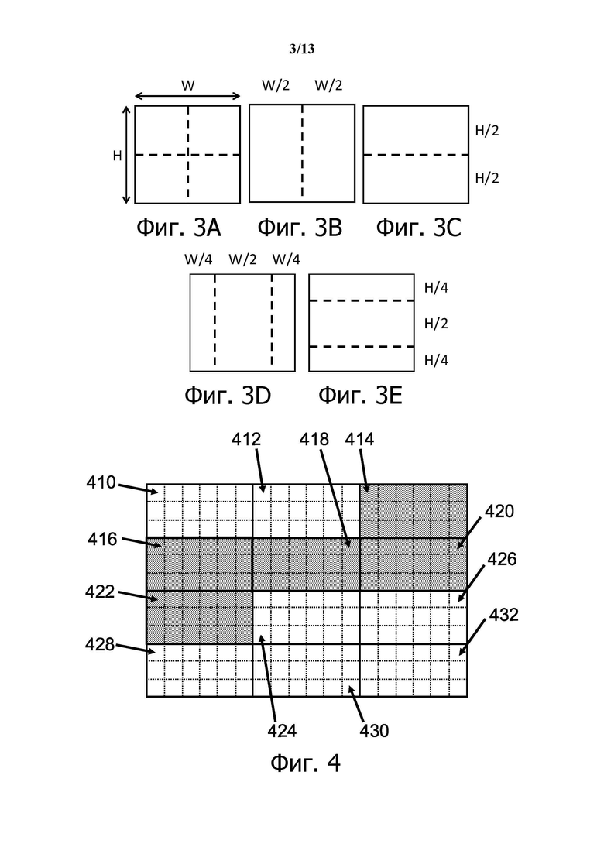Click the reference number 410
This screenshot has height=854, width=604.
[x=101, y=484]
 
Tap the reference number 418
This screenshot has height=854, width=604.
[x=314, y=440]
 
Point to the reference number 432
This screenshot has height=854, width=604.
[x=504, y=616]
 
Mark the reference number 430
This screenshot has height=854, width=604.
[x=374, y=729]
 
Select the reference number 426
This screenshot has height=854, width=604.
[x=501, y=558]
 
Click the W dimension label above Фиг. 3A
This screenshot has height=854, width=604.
[x=188, y=86]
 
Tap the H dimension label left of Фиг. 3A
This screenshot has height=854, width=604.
[x=117, y=155]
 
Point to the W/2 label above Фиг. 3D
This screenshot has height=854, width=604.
[x=243, y=259]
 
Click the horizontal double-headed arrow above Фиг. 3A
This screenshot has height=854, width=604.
[x=188, y=96]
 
